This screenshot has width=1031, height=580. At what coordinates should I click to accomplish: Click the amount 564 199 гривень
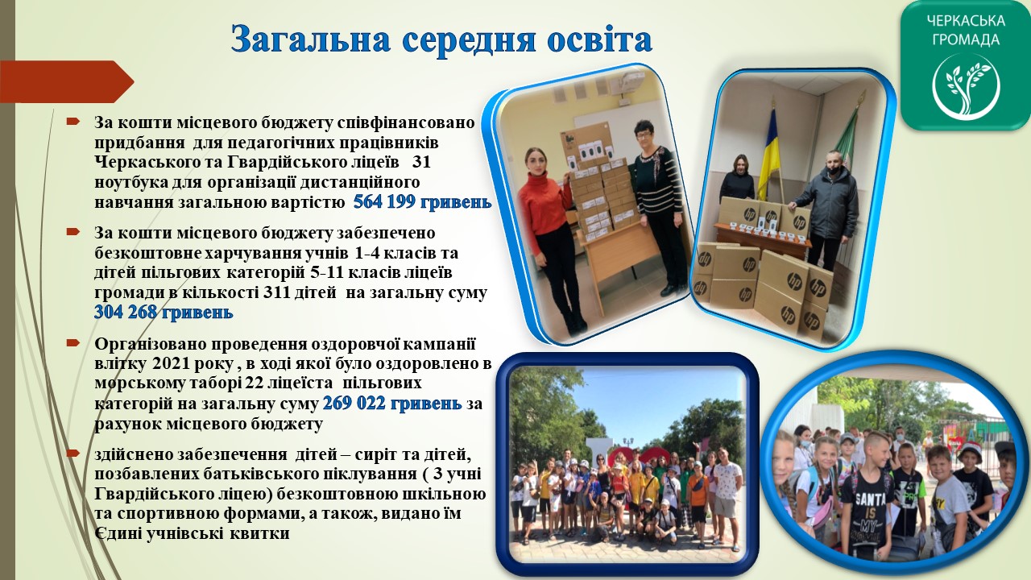click(422, 202)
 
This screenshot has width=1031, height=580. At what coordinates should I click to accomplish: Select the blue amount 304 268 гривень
click(164, 312)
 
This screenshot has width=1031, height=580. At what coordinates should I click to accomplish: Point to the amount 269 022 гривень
click(392, 404)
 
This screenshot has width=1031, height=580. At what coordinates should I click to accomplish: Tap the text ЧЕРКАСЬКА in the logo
click(966, 21)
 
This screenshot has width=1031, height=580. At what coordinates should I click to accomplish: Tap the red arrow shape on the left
click(67, 81)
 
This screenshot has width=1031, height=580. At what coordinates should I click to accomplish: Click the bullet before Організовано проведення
click(72, 343)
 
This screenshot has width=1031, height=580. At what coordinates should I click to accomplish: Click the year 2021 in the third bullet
click(168, 363)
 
